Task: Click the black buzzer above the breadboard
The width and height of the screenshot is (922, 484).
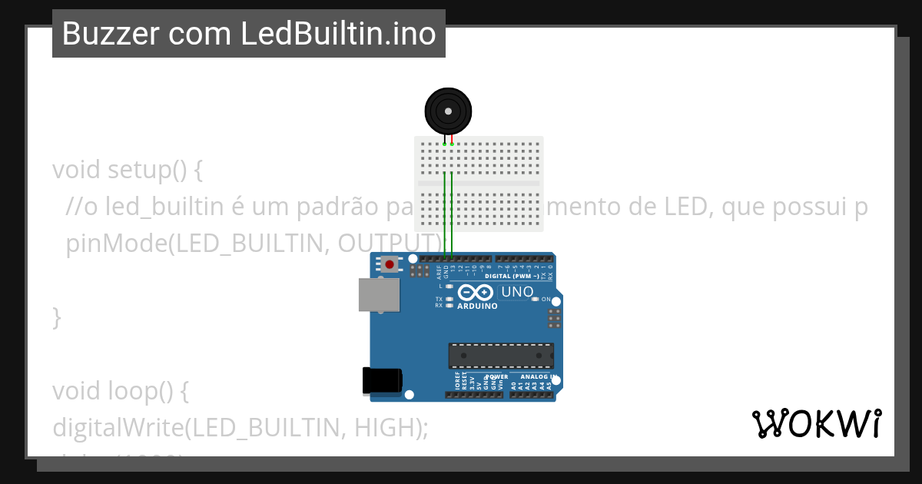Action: [x=448, y=111]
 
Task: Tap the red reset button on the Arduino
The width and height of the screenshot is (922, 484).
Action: [x=390, y=265]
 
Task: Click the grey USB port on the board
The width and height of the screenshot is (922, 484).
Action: [x=380, y=294]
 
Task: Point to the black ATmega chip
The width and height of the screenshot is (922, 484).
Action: [x=501, y=356]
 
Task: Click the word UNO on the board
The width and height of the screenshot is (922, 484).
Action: [x=517, y=292]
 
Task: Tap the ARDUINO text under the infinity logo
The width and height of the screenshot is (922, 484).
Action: [x=477, y=306]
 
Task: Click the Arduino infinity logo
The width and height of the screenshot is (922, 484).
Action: [x=476, y=293]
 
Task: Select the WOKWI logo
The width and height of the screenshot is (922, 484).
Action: [x=817, y=423]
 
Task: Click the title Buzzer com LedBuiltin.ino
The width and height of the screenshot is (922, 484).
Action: [x=249, y=34]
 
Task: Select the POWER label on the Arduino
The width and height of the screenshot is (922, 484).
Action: [x=497, y=377]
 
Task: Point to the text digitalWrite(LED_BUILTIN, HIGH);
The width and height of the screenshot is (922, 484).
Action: [x=240, y=428]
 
